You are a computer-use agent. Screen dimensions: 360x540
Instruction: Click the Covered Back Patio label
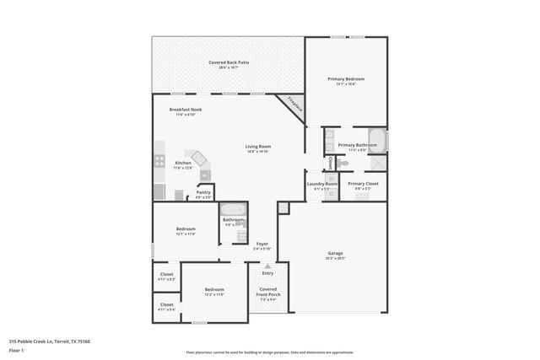[x=229, y=64]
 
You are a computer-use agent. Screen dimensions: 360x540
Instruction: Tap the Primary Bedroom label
[x=346, y=81]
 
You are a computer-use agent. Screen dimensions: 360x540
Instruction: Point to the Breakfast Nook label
[x=185, y=111]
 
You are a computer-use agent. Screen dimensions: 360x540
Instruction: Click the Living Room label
[x=257, y=148]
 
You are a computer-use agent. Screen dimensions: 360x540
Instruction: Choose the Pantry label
[x=203, y=194]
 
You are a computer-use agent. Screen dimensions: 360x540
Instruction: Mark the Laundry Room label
[x=321, y=185]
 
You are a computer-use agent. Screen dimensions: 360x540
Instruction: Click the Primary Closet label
[x=363, y=185]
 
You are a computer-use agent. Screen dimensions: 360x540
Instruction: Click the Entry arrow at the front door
[x=267, y=266]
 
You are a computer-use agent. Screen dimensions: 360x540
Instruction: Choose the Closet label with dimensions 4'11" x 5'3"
[x=166, y=276]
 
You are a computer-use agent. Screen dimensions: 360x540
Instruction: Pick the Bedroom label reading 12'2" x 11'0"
[x=214, y=293]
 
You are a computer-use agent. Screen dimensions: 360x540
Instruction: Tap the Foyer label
[x=262, y=246]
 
